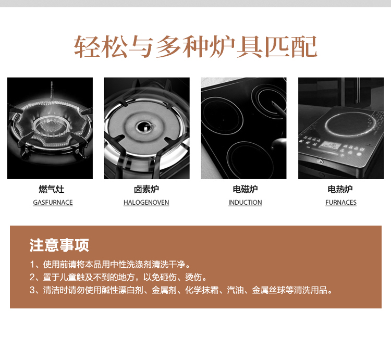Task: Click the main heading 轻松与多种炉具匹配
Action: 195,46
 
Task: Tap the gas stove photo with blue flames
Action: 50,128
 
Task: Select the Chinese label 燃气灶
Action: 52,189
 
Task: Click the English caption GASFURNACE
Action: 53,203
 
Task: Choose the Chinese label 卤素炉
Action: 146,189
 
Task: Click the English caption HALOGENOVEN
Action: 146,203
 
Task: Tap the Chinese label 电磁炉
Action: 245,189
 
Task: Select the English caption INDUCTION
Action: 245,203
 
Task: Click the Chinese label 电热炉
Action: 340,189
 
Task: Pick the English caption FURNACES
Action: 341,203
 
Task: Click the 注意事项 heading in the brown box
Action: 59,245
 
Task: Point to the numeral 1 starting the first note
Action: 32,264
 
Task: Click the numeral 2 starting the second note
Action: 32,277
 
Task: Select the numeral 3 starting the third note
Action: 32,290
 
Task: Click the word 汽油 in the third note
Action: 235,290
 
